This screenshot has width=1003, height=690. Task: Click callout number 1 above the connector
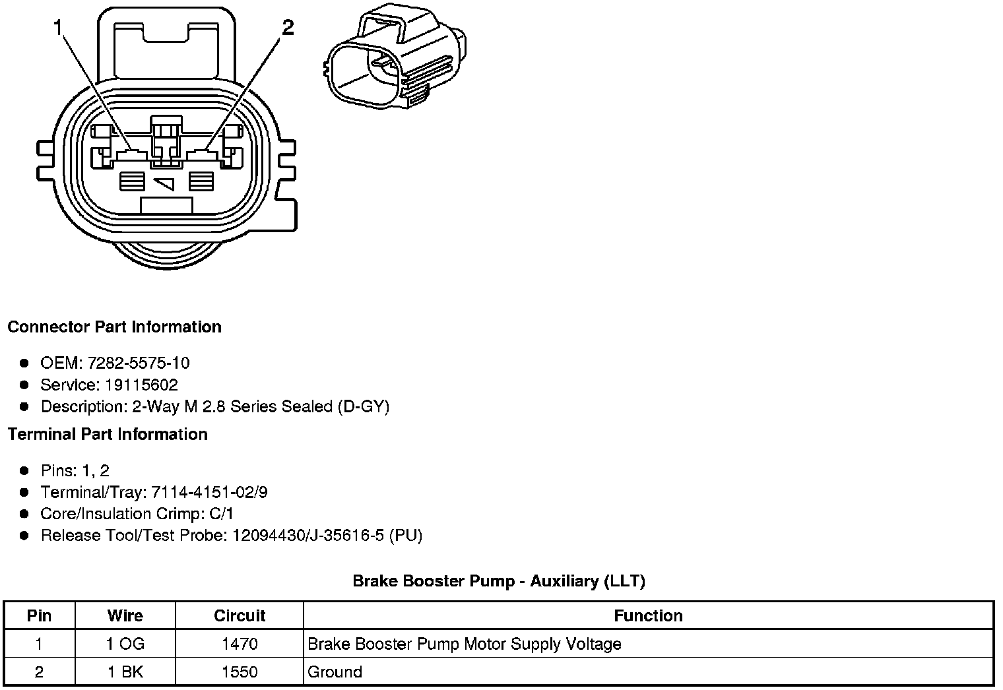pyautogui.click(x=59, y=28)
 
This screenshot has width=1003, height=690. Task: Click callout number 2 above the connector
pyautogui.click(x=288, y=28)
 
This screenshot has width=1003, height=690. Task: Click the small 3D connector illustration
pyautogui.click(x=397, y=63)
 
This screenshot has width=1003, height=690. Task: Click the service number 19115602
pyautogui.click(x=141, y=385)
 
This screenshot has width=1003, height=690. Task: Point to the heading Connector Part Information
pyautogui.click(x=114, y=327)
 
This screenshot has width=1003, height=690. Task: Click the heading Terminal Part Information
pyautogui.click(x=108, y=434)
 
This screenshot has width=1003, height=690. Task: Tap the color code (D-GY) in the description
pyautogui.click(x=363, y=406)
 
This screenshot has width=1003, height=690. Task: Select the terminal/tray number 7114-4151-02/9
pyautogui.click(x=209, y=492)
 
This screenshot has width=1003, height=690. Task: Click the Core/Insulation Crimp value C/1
pyautogui.click(x=222, y=514)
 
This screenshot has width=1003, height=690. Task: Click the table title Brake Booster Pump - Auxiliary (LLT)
pyautogui.click(x=499, y=581)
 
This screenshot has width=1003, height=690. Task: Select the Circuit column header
pyautogui.click(x=240, y=616)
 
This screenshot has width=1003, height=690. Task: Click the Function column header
pyautogui.click(x=648, y=616)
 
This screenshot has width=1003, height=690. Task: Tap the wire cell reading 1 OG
pyautogui.click(x=125, y=644)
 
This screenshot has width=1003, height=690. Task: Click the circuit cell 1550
pyautogui.click(x=240, y=672)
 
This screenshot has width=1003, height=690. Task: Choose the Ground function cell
pyautogui.click(x=335, y=672)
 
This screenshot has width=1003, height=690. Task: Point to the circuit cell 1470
pyautogui.click(x=240, y=644)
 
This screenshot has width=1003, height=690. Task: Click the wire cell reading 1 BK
pyautogui.click(x=125, y=672)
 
